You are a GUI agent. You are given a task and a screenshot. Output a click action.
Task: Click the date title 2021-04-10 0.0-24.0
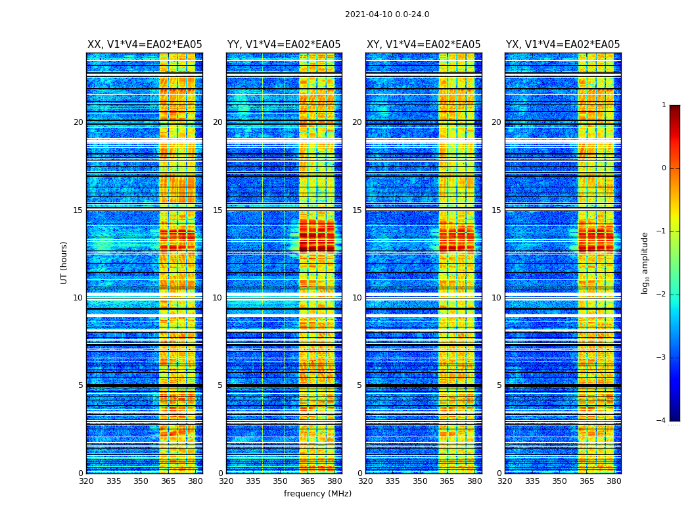coord(387,14)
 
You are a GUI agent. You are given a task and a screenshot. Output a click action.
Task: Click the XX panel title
coord(145,45)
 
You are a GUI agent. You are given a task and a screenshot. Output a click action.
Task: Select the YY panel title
coord(284,45)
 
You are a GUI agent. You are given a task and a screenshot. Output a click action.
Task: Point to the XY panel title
coord(423,45)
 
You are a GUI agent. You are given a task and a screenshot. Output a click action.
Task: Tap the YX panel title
coord(563,45)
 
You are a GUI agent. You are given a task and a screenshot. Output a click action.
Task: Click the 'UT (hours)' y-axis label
coord(64,262)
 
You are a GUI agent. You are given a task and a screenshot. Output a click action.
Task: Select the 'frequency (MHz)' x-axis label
coord(317,494)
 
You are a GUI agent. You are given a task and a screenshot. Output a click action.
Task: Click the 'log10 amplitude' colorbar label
coord(645,262)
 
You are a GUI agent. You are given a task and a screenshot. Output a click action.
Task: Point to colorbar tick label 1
coord(663,105)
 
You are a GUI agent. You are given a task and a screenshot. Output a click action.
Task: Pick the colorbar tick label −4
coord(661,421)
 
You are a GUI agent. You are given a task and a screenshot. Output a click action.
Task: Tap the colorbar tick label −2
coord(661,295)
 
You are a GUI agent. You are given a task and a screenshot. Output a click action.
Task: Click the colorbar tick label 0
coord(663,168)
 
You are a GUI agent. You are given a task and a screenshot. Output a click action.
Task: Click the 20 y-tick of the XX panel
coord(78,122)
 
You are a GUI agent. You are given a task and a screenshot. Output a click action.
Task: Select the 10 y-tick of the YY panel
coord(217,298)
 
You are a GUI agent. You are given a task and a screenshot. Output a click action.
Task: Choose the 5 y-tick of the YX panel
coord(499,385)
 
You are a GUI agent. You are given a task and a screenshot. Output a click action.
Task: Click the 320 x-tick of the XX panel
coord(87,481)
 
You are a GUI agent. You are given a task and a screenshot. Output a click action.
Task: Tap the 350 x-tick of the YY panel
coord(281,481)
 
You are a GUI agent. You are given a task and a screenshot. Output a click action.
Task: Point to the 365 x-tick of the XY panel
coord(447,481)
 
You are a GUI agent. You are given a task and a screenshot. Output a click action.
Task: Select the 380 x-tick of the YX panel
coord(614,481)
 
